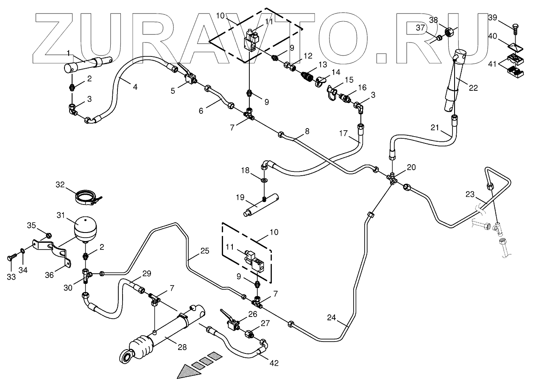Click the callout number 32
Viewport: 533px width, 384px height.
61,184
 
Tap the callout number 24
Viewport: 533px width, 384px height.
332,317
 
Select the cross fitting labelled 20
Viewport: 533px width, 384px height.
393,178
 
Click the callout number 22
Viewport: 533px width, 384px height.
473,87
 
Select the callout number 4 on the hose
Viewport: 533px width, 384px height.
134,87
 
